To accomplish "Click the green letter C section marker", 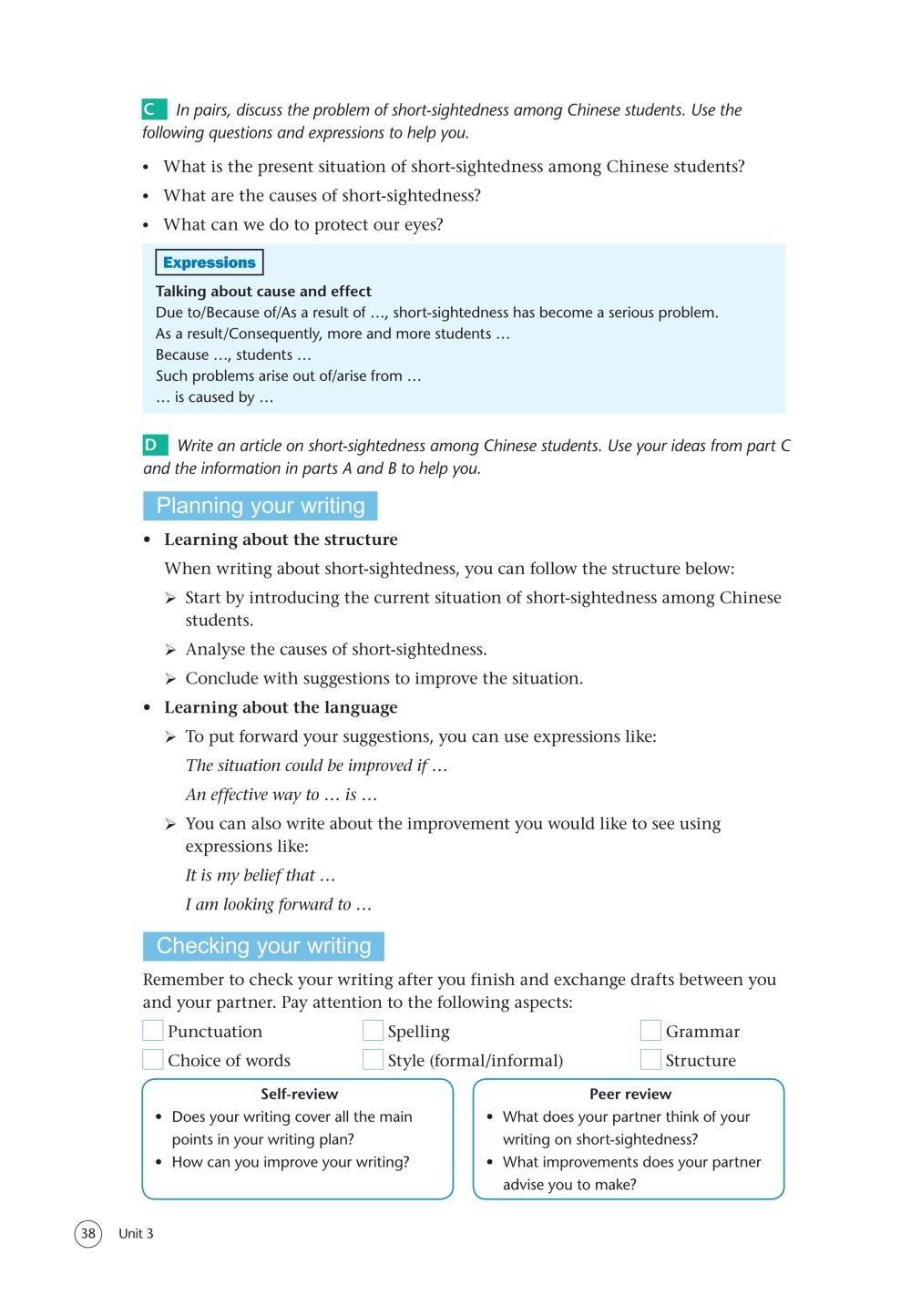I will [154, 110].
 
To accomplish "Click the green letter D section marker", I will [155, 446].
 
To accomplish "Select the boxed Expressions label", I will [210, 262].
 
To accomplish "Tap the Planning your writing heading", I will [260, 506].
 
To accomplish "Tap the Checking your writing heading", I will [263, 946].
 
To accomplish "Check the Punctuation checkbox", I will [153, 1031].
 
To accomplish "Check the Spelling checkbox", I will [373, 1031].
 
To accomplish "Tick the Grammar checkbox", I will [650, 1031].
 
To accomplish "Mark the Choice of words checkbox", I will [153, 1060].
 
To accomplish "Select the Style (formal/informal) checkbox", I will [373, 1060].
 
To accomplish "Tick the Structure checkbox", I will [650, 1060].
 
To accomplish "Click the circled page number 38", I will [87, 1234].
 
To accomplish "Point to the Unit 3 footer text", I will [136, 1234].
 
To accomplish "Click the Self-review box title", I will [299, 1095].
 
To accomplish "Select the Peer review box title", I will [630, 1095].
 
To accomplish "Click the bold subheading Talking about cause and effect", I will [263, 292].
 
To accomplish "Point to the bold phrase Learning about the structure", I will [281, 540].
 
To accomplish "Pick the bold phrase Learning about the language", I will [281, 707].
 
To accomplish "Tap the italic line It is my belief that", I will [261, 876].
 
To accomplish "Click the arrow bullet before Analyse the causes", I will [170, 650].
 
